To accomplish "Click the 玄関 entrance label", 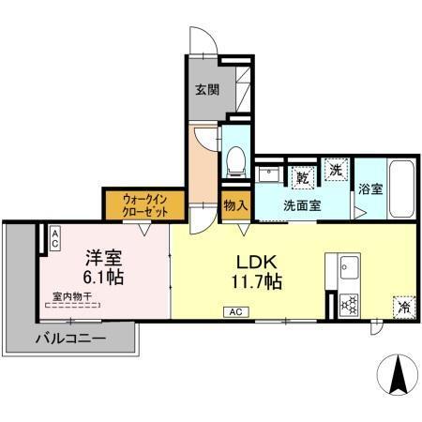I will [207, 90].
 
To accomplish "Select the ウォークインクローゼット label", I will [145, 204].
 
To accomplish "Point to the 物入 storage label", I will [234, 204].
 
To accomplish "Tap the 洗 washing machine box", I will [336, 171].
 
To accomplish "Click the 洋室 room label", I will [103, 257].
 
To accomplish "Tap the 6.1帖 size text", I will [104, 278].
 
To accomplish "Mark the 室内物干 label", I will [72, 296].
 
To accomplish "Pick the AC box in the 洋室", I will [55, 238].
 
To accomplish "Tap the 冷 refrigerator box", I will [404, 307].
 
